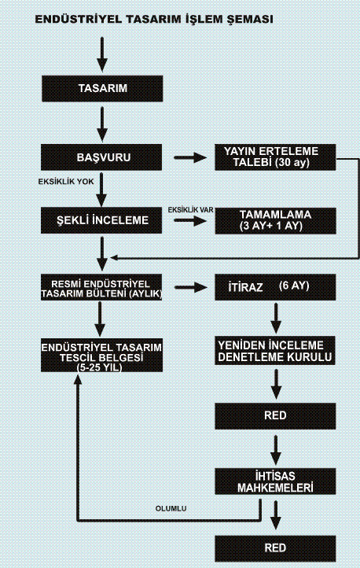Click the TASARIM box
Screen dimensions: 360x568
(x=102, y=88)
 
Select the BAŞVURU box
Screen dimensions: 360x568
(x=101, y=157)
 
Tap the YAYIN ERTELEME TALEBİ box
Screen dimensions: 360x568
(x=275, y=157)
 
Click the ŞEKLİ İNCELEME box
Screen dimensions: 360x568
(x=101, y=220)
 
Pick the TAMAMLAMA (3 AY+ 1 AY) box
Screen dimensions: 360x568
(x=275, y=220)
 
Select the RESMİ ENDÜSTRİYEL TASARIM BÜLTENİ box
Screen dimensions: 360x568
(x=101, y=287)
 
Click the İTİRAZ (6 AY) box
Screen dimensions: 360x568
(x=275, y=287)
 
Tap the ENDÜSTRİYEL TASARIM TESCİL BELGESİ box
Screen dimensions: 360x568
(x=101, y=355)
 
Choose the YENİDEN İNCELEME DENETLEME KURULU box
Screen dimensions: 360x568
(x=275, y=351)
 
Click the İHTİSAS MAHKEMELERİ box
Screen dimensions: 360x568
(x=275, y=481)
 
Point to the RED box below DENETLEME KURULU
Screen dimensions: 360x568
(x=275, y=416)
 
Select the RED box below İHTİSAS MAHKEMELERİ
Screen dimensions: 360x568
(x=275, y=548)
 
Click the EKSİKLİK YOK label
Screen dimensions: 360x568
(x=66, y=182)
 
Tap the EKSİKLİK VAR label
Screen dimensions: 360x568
(x=190, y=210)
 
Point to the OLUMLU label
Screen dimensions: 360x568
(x=171, y=508)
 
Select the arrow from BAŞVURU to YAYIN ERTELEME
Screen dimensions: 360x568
(x=190, y=157)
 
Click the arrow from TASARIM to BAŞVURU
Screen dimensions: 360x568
(x=102, y=124)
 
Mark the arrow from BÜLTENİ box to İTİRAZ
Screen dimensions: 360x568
(x=191, y=288)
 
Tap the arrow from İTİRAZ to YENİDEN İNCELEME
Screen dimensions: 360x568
(x=276, y=319)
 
